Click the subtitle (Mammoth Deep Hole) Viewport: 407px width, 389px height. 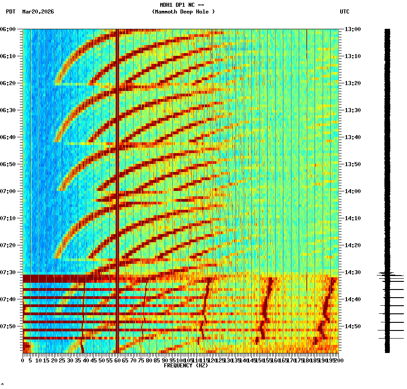pos(183,12)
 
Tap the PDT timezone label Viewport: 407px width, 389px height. pos(10,12)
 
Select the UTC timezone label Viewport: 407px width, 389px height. pos(344,12)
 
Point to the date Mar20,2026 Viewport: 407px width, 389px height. pos(38,12)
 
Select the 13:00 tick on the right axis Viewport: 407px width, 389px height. pos(352,29)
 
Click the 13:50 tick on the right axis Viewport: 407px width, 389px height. pos(352,164)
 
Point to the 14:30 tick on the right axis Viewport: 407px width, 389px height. pos(352,272)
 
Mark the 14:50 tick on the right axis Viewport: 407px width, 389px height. pos(352,326)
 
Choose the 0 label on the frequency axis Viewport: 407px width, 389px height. pos(23,361)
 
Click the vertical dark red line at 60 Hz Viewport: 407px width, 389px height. pos(117,180)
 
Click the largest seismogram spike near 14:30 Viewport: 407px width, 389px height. pos(391,274)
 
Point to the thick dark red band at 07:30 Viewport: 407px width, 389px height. pos(54,278)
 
